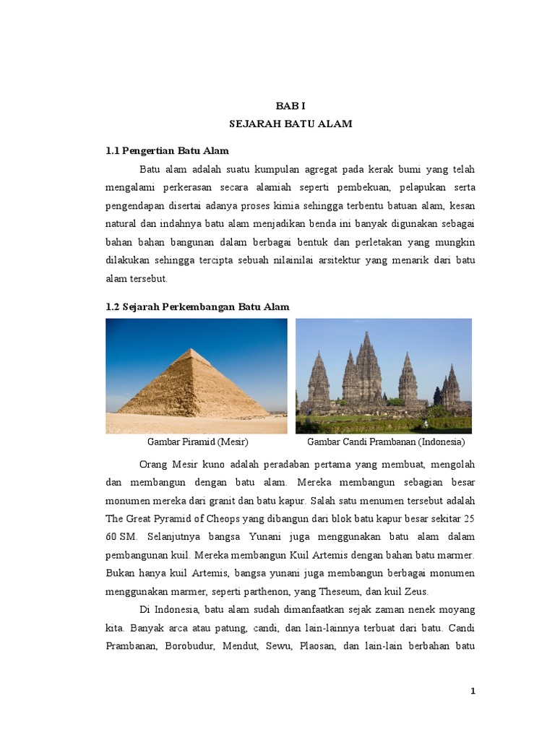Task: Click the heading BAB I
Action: [291, 106]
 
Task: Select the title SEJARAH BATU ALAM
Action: [291, 124]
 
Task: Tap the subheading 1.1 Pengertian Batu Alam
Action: [167, 150]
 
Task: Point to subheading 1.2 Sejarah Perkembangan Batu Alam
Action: [197, 306]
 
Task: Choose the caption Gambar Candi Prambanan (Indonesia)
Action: [386, 442]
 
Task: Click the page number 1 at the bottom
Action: [472, 692]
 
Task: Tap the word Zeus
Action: [416, 591]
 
